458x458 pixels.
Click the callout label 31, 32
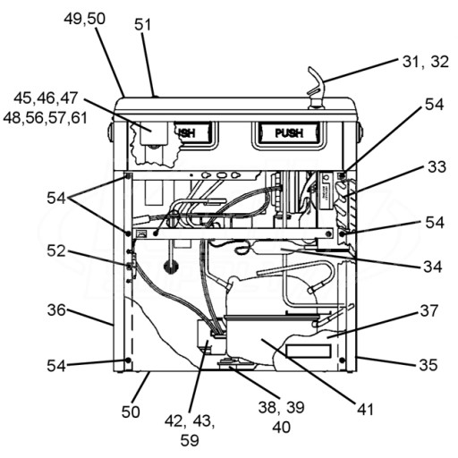coord(425,62)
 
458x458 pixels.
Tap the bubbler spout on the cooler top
coord(317,88)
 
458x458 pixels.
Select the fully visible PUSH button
coord(289,133)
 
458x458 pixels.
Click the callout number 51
coord(142,24)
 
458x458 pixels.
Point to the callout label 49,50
coord(84,19)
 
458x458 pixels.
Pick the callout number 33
coord(437,167)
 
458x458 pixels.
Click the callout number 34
coord(433,267)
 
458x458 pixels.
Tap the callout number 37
coord(429,310)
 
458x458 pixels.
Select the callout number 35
coord(428,364)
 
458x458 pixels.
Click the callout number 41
coord(365,410)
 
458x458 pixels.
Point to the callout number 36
coord(56,310)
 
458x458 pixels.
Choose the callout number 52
coord(56,251)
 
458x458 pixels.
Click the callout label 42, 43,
coord(190,421)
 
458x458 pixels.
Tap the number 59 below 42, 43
coord(190,440)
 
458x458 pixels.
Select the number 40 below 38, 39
coord(281,427)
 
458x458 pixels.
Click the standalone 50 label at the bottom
coord(131,411)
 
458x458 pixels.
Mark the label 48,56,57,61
coord(46,117)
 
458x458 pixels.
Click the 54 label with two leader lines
coord(56,198)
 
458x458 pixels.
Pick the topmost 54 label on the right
coord(435,105)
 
